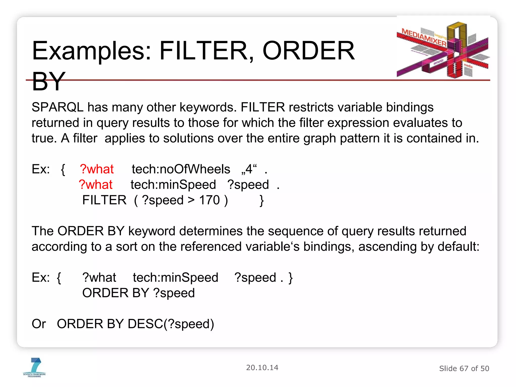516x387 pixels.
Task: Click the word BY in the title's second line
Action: pyautogui.click(x=49, y=81)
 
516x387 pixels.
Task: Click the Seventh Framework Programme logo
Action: pyautogui.click(x=35, y=367)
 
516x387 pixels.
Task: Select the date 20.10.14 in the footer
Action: pyautogui.click(x=262, y=368)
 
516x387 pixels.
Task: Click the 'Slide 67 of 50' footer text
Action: pyautogui.click(x=464, y=369)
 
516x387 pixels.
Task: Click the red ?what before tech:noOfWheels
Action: pyautogui.click(x=97, y=169)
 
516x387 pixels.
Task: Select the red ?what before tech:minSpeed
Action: pyautogui.click(x=95, y=185)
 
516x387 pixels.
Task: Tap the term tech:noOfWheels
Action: pyautogui.click(x=181, y=169)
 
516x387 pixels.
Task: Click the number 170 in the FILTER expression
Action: pyautogui.click(x=209, y=200)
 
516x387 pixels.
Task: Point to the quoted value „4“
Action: pyautogui.click(x=249, y=169)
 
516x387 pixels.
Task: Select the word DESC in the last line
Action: pyautogui.click(x=145, y=324)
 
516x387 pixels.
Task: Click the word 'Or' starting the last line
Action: pyautogui.click(x=39, y=324)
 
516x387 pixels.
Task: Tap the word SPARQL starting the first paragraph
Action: pyautogui.click(x=57, y=107)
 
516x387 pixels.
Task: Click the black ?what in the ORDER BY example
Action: pyautogui.click(x=99, y=278)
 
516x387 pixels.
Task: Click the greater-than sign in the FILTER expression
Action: pyautogui.click(x=191, y=200)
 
